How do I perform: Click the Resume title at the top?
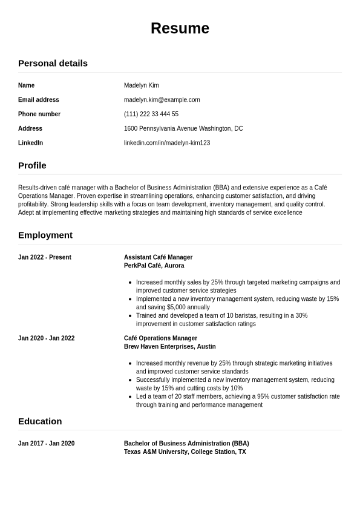tap(180, 28)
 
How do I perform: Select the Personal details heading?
tap(53, 63)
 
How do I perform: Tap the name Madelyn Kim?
tap(141, 85)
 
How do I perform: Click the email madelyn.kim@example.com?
tap(162, 100)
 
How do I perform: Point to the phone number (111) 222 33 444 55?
tap(151, 114)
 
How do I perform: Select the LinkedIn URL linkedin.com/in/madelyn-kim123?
tap(166, 143)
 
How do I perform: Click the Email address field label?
tap(39, 100)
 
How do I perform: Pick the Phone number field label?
tap(39, 114)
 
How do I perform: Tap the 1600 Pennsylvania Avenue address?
tap(183, 128)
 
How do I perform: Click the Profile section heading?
tap(32, 165)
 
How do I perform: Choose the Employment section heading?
tap(45, 235)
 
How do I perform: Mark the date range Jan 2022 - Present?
tap(45, 257)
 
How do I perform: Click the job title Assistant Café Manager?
tap(158, 257)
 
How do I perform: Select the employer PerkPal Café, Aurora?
tap(154, 266)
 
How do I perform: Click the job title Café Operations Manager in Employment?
tap(160, 338)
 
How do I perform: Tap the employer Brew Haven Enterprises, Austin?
tap(169, 347)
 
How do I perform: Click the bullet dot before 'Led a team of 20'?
tap(131, 396)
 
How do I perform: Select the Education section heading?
tap(40, 421)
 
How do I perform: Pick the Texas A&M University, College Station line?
tap(185, 452)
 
